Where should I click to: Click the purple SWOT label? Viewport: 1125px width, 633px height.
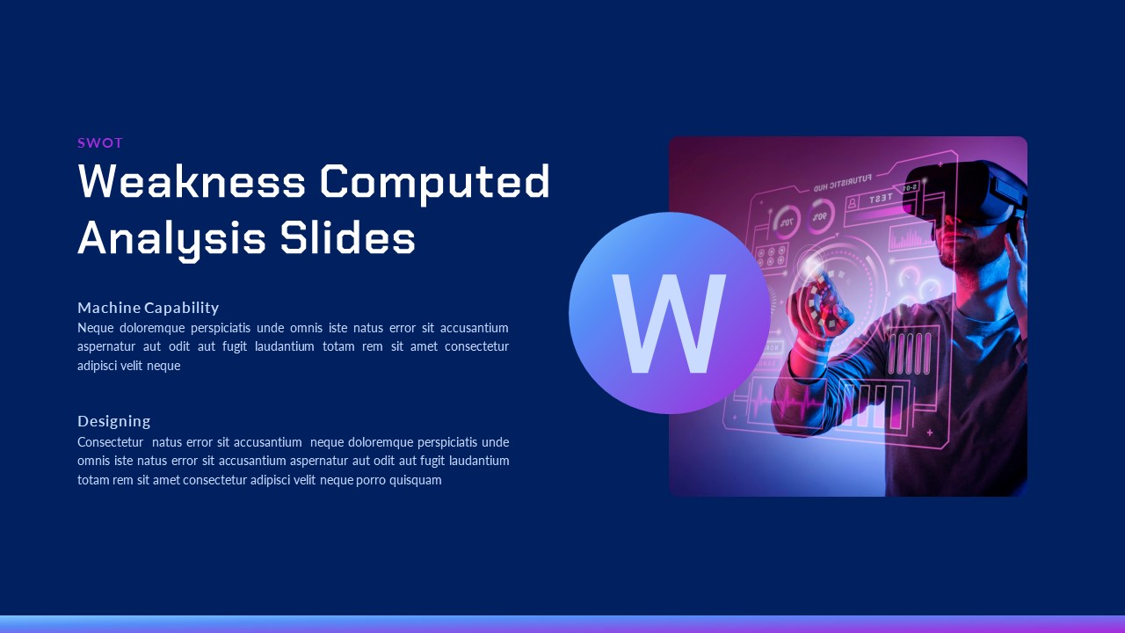tap(100, 143)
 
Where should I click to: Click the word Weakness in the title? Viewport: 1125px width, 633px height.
tap(192, 181)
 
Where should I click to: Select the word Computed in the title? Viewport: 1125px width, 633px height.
tap(435, 184)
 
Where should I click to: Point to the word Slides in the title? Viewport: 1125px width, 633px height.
tap(347, 237)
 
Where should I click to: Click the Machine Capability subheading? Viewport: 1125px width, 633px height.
tap(149, 308)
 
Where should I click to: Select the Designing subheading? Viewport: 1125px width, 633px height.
tap(114, 421)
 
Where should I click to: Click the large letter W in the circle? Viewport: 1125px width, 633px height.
tap(669, 324)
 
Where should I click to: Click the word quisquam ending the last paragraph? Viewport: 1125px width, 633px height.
tap(416, 480)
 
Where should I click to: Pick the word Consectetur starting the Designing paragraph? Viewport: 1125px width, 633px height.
tap(110, 442)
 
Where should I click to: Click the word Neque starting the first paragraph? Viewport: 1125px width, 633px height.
tap(96, 328)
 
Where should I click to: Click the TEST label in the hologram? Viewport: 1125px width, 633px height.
tap(881, 199)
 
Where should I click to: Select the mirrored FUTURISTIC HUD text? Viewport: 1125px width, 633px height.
tap(843, 182)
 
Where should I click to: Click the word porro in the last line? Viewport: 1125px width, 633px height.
tap(371, 480)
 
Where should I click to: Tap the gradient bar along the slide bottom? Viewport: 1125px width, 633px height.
tap(562, 624)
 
